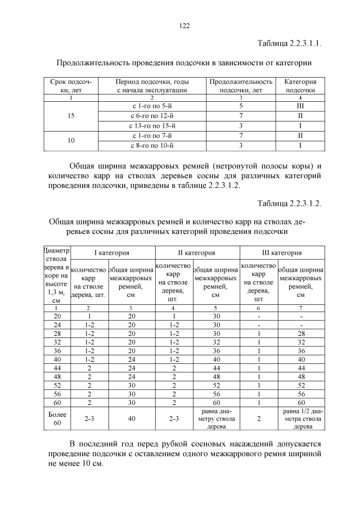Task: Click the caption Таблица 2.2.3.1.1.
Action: pyautogui.click(x=290, y=43)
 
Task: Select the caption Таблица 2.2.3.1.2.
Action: pyautogui.click(x=290, y=203)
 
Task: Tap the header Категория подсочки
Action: pyautogui.click(x=300, y=85)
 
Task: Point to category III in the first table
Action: pyautogui.click(x=300, y=105)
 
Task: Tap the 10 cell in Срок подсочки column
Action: pyautogui.click(x=71, y=141)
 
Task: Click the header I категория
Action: pyautogui.click(x=111, y=253)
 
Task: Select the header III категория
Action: pyautogui.click(x=282, y=253)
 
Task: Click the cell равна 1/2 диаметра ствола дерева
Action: pyautogui.click(x=301, y=418)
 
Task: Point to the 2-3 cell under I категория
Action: pyautogui.click(x=89, y=418)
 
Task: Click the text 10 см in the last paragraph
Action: pyautogui.click(x=92, y=465)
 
